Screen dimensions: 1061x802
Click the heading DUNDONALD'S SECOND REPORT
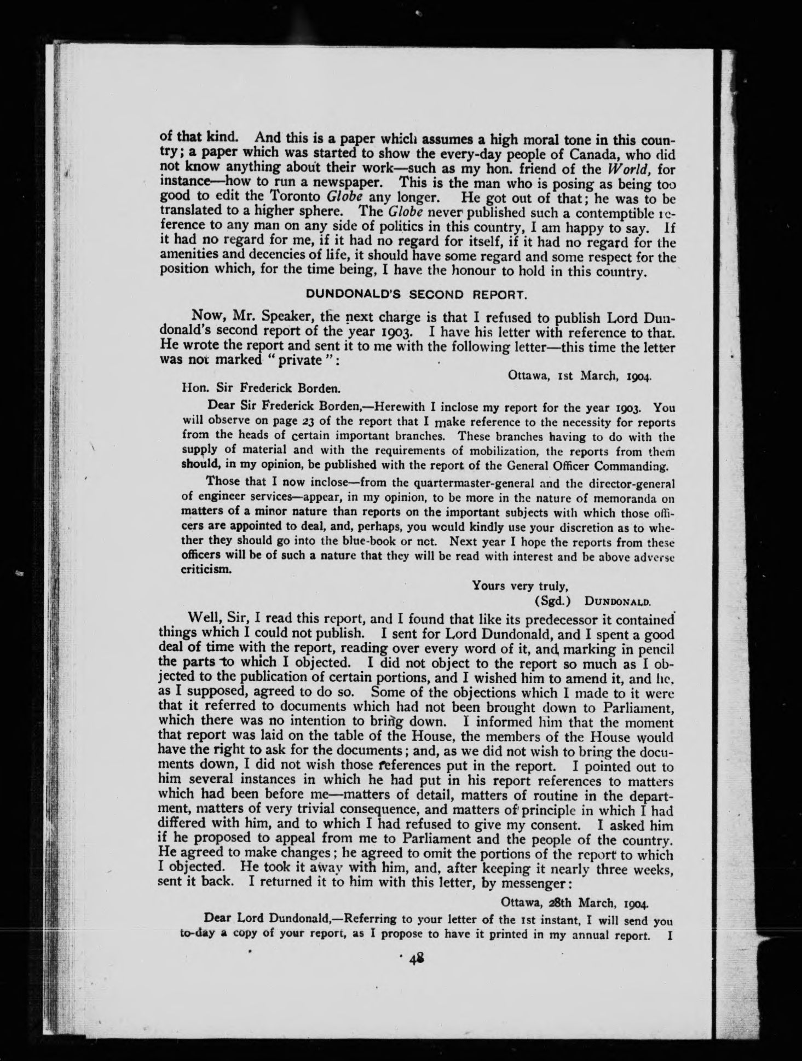pos(416,295)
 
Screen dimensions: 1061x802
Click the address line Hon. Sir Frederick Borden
pos(261,390)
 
